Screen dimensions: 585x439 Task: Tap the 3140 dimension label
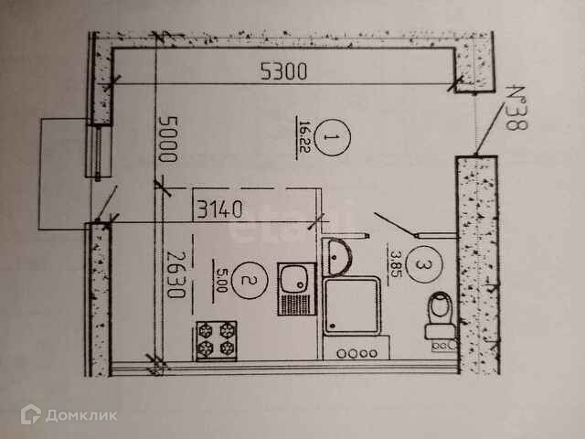pyautogui.click(x=218, y=208)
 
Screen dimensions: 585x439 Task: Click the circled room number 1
pyautogui.click(x=334, y=140)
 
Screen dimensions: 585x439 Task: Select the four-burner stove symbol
pyautogui.click(x=216, y=341)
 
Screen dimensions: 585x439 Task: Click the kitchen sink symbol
pyautogui.click(x=295, y=289)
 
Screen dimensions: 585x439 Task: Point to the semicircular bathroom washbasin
pyautogui.click(x=336, y=257)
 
